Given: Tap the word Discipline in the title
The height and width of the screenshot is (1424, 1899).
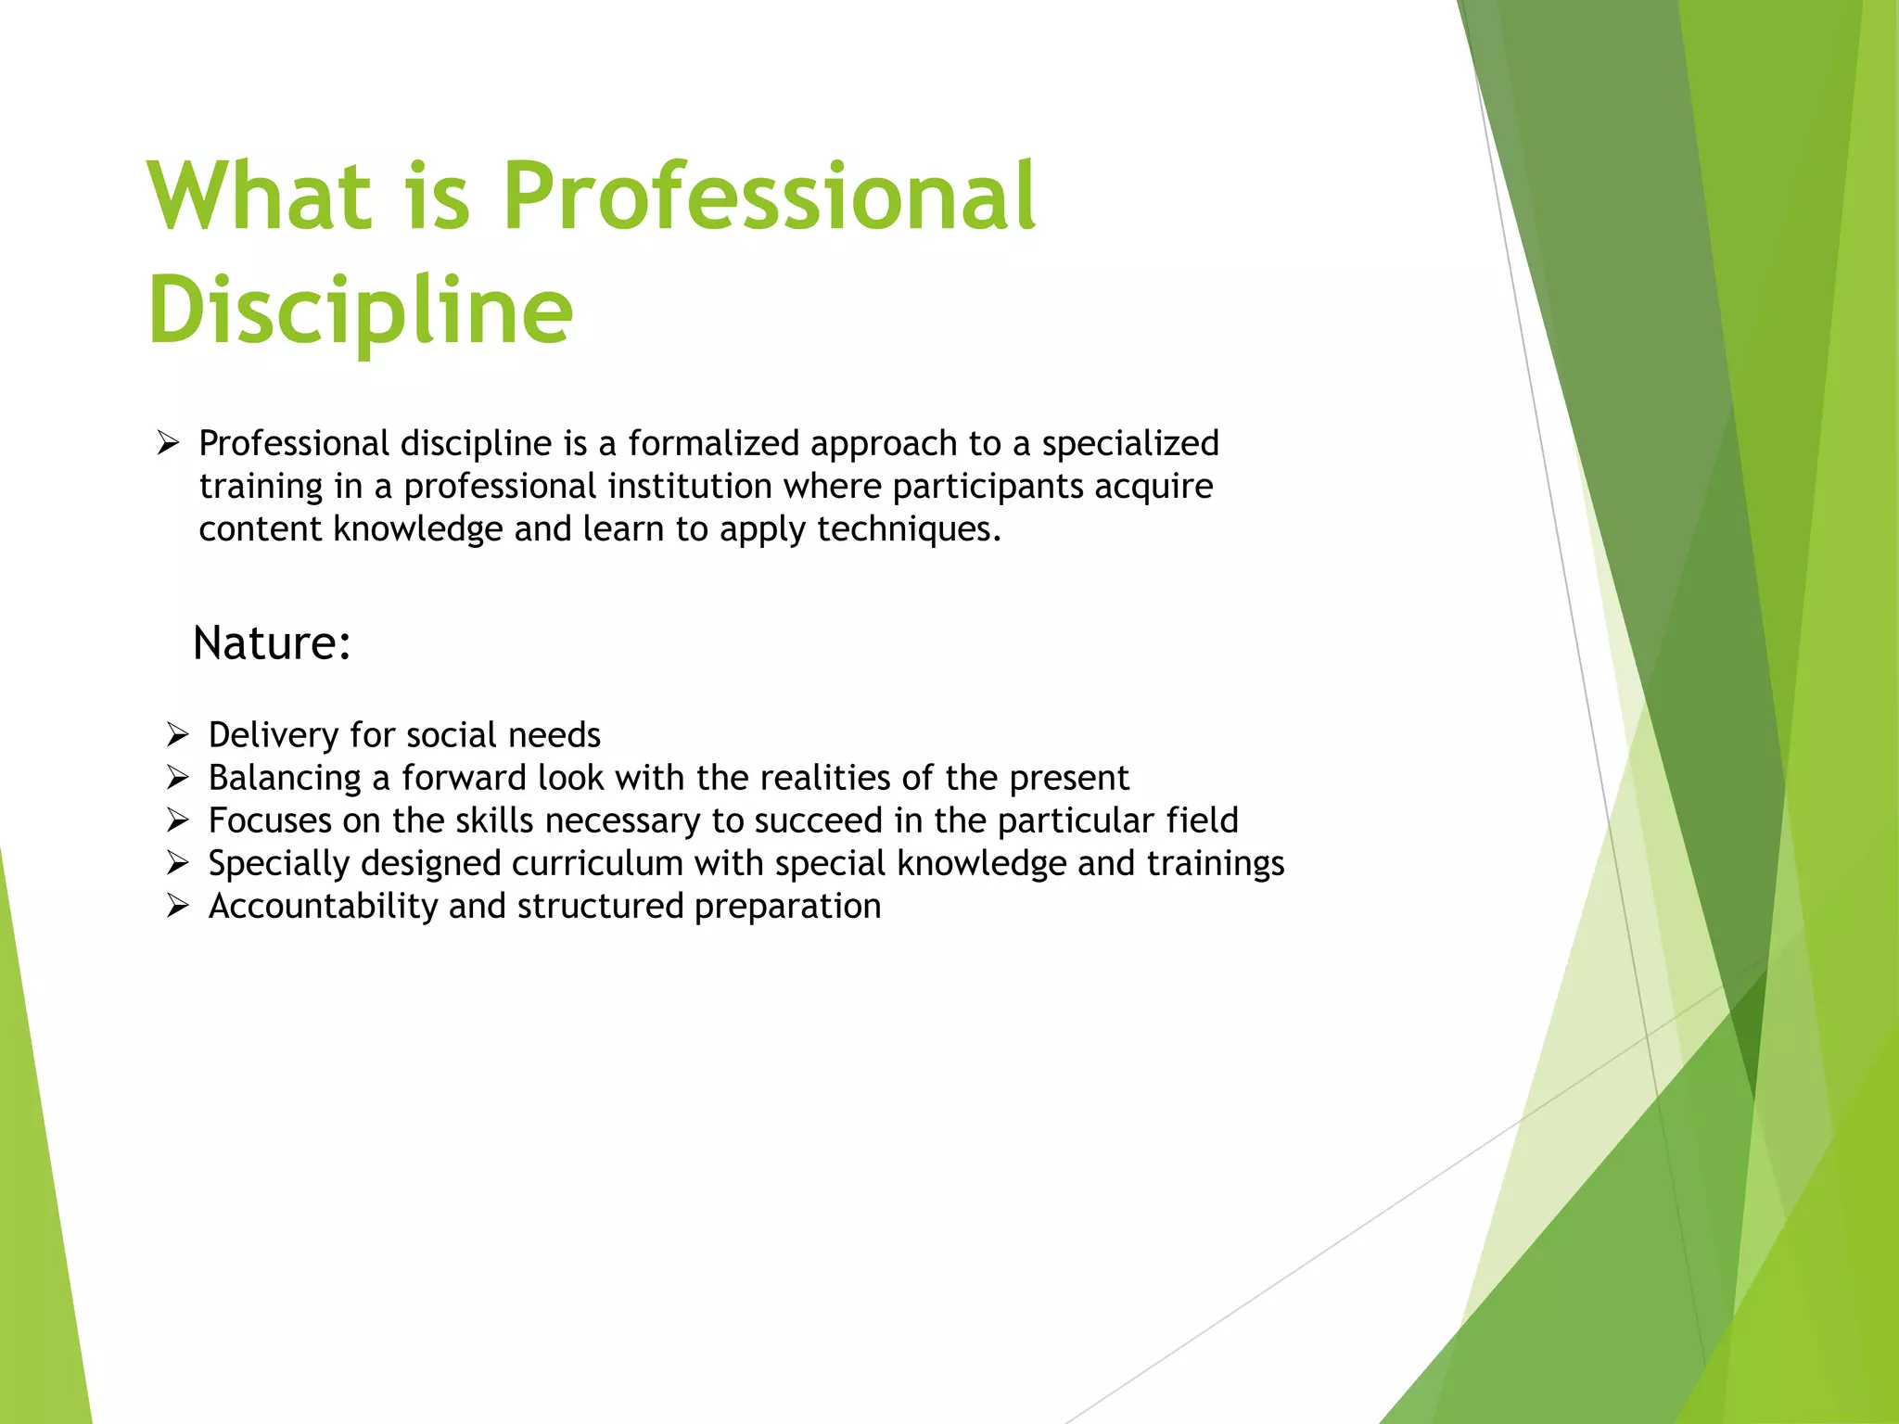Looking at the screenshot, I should tap(361, 311).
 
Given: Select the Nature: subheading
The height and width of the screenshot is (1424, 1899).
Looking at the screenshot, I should tap(272, 642).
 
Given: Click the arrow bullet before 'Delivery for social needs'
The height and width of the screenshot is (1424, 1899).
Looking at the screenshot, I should tap(178, 735).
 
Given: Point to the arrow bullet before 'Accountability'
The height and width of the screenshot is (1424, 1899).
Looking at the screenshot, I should tap(178, 906).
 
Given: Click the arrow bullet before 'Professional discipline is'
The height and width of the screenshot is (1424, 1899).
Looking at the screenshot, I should tap(168, 443).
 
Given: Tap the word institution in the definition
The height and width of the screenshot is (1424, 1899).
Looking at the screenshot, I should tap(690, 486).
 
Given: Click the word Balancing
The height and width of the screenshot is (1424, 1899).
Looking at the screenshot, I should tap(285, 778).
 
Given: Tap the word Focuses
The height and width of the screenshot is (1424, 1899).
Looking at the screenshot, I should tap(270, 820).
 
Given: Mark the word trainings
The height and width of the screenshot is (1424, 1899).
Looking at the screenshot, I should tap(1216, 863).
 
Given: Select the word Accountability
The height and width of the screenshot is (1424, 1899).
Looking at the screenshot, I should tap(323, 906).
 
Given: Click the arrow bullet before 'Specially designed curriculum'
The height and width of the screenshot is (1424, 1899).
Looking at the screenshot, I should tap(178, 863).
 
